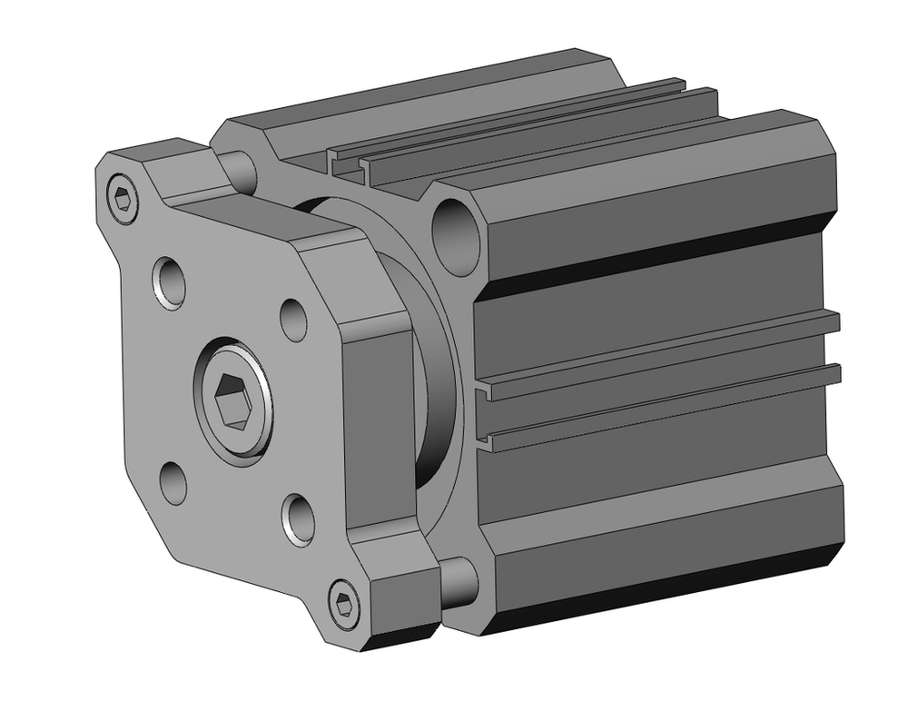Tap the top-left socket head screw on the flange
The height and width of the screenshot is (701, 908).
[123, 197]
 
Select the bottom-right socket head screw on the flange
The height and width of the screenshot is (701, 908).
[343, 602]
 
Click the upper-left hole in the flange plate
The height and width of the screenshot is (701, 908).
[170, 281]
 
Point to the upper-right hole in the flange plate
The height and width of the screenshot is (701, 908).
[293, 320]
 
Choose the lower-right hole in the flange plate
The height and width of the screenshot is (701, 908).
[298, 519]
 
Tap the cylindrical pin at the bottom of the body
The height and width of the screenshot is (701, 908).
[459, 581]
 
